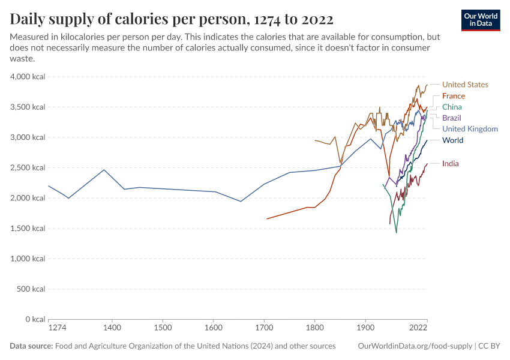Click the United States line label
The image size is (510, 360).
pyautogui.click(x=465, y=85)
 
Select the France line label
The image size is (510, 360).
pyautogui.click(x=453, y=96)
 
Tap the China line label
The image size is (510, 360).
pyautogui.click(x=452, y=107)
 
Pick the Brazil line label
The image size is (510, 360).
pyautogui.click(x=451, y=118)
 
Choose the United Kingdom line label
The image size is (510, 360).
pyautogui.click(x=469, y=129)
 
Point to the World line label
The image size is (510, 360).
pyautogui.click(x=452, y=140)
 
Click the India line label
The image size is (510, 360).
pyautogui.click(x=450, y=164)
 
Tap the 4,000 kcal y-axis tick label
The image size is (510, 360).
pyautogui.click(x=28, y=77)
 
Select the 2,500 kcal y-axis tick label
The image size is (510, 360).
pyautogui.click(x=28, y=168)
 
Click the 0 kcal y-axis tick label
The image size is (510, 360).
pyautogui.click(x=34, y=319)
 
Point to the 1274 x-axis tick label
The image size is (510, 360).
pyautogui.click(x=58, y=328)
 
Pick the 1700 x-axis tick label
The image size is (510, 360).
pyautogui.click(x=264, y=328)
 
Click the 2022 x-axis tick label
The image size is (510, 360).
pyautogui.click(x=418, y=328)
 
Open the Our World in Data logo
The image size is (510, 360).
pyautogui.click(x=480, y=19)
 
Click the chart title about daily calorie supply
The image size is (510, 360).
pyautogui.click(x=172, y=19)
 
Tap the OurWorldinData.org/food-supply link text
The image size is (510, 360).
pyautogui.click(x=414, y=346)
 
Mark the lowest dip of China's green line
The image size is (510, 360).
pyautogui.click(x=396, y=232)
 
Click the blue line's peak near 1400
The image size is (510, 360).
pyautogui.click(x=104, y=170)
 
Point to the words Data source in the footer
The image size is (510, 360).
pyautogui.click(x=31, y=346)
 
